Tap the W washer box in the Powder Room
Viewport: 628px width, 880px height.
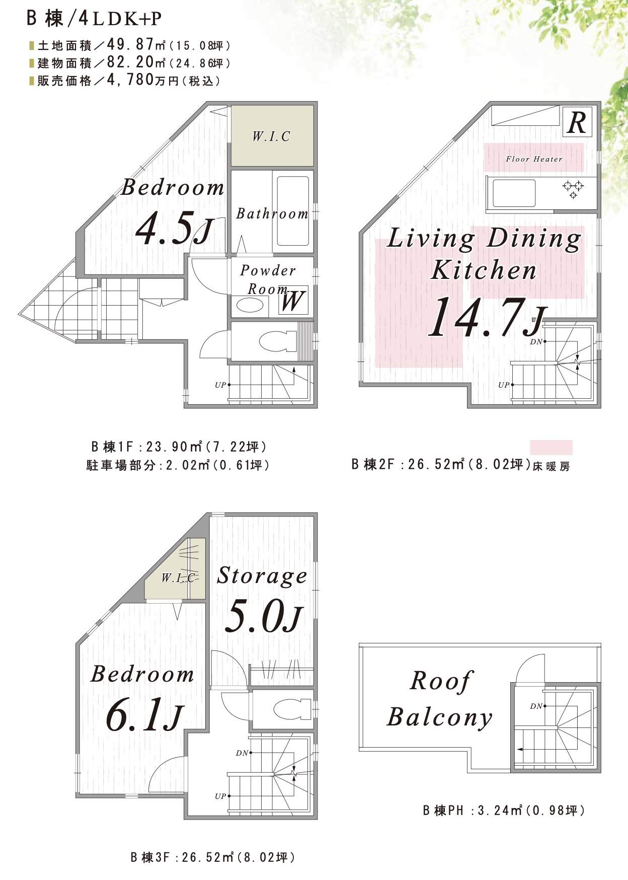[x=293, y=301]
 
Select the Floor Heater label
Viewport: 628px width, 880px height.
[x=534, y=159]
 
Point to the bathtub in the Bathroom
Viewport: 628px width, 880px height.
[x=293, y=211]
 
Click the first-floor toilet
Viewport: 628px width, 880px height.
[x=277, y=341]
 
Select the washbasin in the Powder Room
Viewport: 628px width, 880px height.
[x=250, y=305]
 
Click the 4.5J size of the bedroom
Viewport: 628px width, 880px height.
[x=174, y=230]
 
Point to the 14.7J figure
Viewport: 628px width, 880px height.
[x=487, y=317]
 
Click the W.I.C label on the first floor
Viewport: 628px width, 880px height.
[x=271, y=136]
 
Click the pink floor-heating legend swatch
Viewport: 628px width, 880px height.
[x=551, y=448]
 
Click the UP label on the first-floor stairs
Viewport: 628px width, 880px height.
[x=220, y=385]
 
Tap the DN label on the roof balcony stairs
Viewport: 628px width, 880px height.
[x=536, y=706]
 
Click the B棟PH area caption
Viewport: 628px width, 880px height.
[x=504, y=811]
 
